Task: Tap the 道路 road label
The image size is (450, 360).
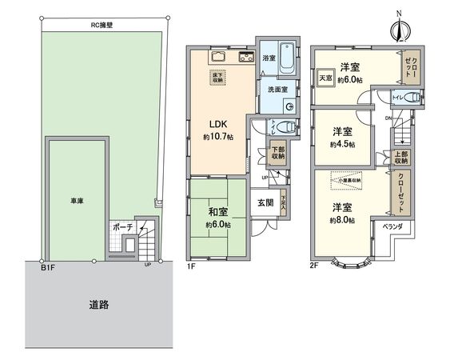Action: coord(98,305)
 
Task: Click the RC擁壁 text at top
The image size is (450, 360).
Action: coord(105,25)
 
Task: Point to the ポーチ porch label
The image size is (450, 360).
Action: coord(122,226)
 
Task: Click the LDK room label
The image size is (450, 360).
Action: coord(219,125)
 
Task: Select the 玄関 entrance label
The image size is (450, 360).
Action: coord(265,202)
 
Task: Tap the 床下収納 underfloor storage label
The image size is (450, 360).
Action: coord(218,78)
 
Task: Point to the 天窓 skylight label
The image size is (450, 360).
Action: coord(326,78)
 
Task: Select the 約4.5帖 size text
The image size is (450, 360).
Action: coord(342,145)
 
